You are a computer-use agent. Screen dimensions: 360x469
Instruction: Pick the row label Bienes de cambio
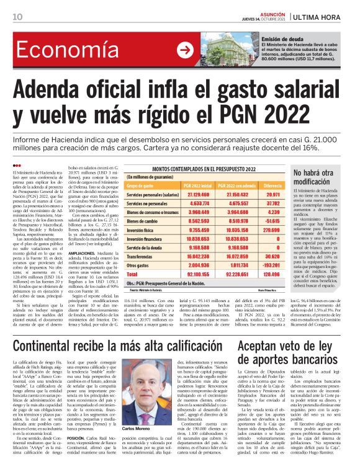click(x=142, y=220)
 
